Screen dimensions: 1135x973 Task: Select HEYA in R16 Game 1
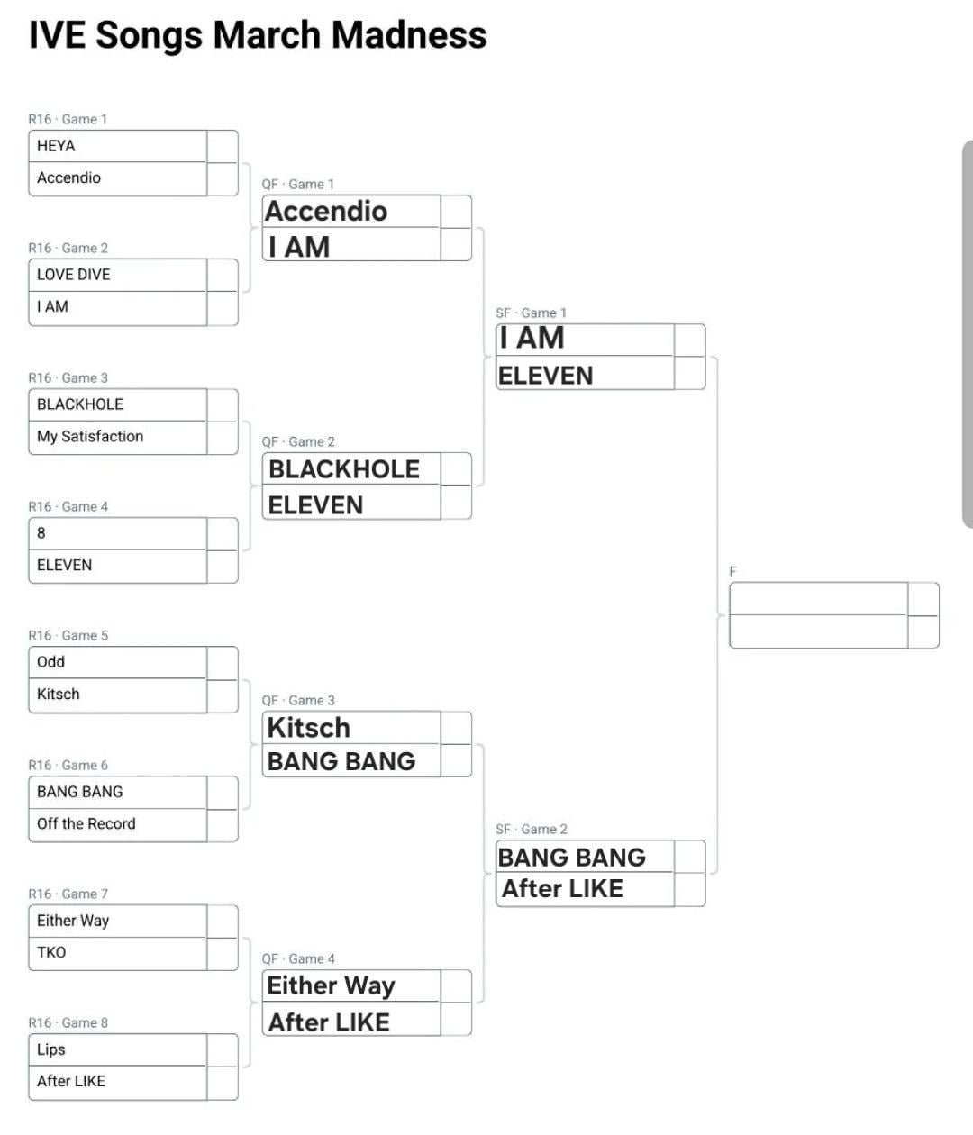coord(56,146)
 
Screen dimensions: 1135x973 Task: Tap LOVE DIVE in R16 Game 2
coord(74,275)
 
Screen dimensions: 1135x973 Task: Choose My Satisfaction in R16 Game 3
coord(90,437)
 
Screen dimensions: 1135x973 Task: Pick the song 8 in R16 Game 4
coord(41,533)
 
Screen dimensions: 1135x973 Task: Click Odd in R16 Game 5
coord(51,662)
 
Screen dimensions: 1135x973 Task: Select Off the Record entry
coord(86,824)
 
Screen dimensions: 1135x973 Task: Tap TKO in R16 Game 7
coord(51,953)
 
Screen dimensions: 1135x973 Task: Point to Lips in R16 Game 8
coord(51,1049)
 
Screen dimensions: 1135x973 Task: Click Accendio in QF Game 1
coord(326,212)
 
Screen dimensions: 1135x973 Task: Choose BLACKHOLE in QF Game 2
coord(344,469)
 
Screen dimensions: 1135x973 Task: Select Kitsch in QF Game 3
coord(309,728)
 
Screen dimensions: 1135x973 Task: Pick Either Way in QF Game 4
coord(331,985)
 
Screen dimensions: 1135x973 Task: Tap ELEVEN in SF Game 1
coord(546,376)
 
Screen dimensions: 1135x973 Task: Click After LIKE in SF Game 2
coord(562,889)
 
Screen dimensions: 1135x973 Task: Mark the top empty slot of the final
coord(818,599)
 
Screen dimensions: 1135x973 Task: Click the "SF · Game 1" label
coord(532,313)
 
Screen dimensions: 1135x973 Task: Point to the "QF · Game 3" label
coord(298,701)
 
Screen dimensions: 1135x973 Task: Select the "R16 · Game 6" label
coord(68,766)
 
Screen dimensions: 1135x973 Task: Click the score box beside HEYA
coord(222,146)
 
